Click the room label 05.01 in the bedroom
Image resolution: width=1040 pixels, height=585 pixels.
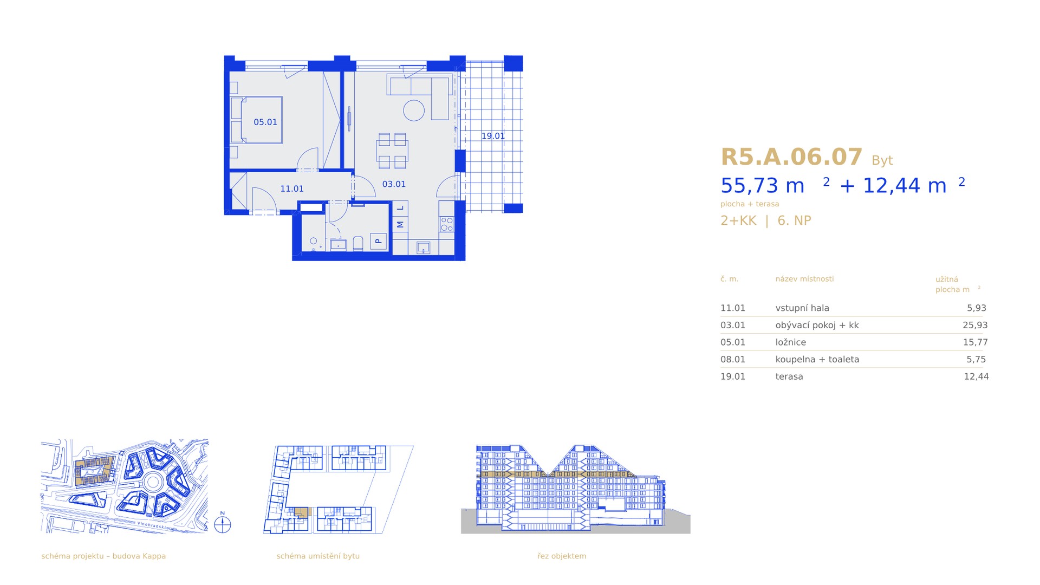point(265,122)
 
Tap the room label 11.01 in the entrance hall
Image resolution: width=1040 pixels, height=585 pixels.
point(292,189)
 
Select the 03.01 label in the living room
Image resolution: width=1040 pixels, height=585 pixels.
point(394,184)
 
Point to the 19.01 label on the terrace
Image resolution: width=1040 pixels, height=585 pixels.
point(493,136)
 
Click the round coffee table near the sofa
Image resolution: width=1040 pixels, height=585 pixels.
point(414,110)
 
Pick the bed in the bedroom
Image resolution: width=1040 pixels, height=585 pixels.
point(256,120)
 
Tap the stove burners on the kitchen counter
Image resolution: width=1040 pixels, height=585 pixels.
point(447,224)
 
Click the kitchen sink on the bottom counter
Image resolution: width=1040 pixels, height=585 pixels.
point(423,248)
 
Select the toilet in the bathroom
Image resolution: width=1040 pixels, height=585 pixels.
point(358,243)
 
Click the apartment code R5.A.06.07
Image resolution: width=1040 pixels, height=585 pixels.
point(791,157)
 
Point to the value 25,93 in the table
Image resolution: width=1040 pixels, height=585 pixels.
point(975,326)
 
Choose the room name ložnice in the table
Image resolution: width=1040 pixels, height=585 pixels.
point(791,342)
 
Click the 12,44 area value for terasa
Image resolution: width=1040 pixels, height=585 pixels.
point(976,376)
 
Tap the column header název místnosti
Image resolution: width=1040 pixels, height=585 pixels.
point(804,279)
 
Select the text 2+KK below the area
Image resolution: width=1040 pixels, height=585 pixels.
point(738,220)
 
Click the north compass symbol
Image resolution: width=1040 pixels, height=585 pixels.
point(223,524)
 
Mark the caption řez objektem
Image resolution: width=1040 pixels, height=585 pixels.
point(562,556)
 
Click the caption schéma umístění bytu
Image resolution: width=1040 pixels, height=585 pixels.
point(318,556)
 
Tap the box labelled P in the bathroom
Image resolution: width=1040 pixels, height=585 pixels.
point(379,241)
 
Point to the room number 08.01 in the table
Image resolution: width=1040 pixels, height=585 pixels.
point(733,360)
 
